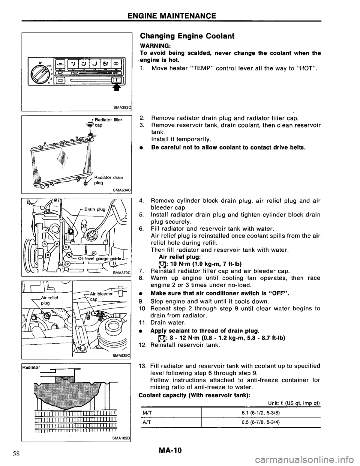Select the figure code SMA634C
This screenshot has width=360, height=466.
tap(121, 190)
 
